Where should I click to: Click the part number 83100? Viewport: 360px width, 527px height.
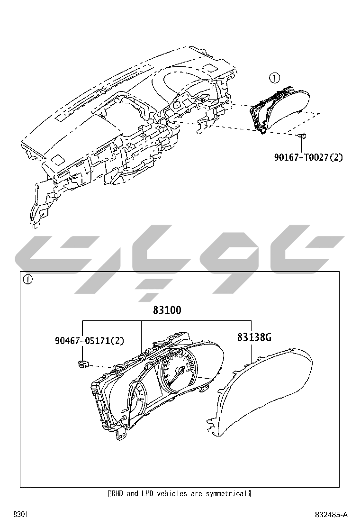click(x=167, y=311)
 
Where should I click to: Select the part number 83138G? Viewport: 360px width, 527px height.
click(x=254, y=337)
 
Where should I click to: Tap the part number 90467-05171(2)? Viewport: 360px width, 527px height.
click(x=89, y=340)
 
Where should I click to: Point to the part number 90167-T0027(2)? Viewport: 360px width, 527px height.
click(x=308, y=156)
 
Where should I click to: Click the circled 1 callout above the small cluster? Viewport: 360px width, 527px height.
click(x=275, y=77)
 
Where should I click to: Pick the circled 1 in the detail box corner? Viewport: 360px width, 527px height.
click(x=28, y=280)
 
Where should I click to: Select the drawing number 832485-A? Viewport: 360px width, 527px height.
click(x=331, y=515)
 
